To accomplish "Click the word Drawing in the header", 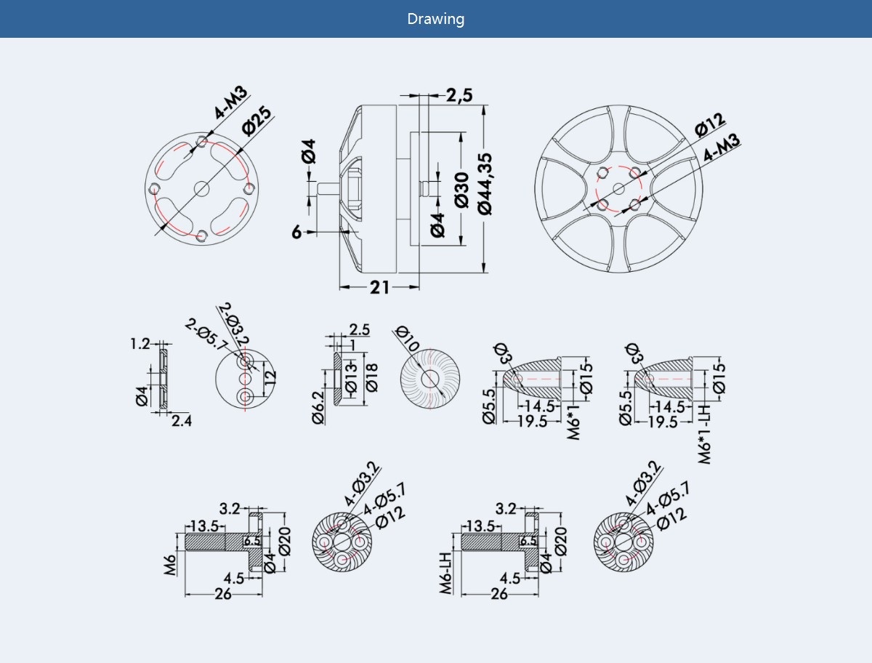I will pyautogui.click(x=435, y=19).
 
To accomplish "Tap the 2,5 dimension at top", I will pyautogui.click(x=459, y=95).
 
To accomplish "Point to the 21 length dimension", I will pyautogui.click(x=379, y=288).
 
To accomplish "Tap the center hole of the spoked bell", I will pyautogui.click(x=618, y=189).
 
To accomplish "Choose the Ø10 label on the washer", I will pyautogui.click(x=408, y=339).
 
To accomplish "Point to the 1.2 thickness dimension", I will pyautogui.click(x=140, y=343).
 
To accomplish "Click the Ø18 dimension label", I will pyautogui.click(x=373, y=378).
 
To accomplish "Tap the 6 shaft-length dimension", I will pyautogui.click(x=296, y=233).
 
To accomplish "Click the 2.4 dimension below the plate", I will pyautogui.click(x=181, y=420).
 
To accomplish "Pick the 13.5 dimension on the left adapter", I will pyautogui.click(x=204, y=526).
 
